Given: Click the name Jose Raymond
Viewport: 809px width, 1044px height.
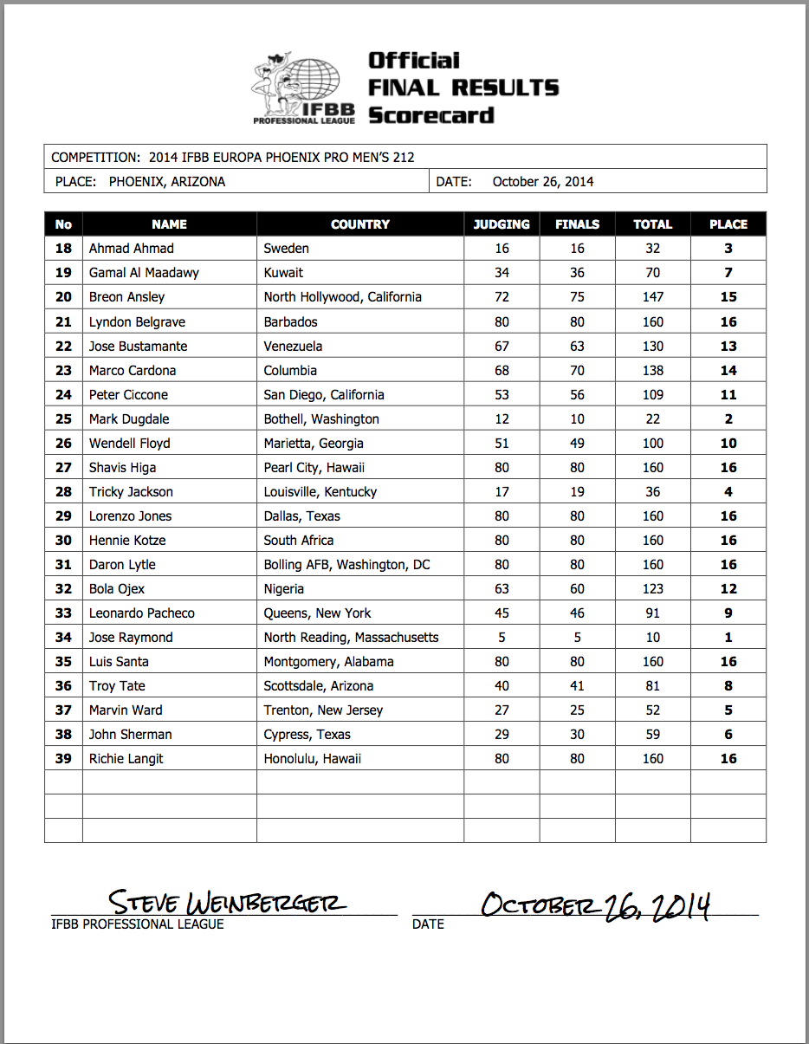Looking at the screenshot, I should tap(131, 637).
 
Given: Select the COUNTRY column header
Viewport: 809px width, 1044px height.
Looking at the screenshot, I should tap(360, 224).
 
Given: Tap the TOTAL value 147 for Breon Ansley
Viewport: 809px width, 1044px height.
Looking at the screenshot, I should tap(652, 297).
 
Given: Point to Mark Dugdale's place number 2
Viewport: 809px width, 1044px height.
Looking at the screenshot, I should tap(728, 418).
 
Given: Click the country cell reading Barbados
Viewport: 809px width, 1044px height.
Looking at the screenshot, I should tap(291, 321).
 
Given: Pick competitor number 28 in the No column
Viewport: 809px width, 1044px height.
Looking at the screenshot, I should tap(63, 491).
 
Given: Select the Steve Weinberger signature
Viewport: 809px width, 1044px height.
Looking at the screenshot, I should tap(227, 903).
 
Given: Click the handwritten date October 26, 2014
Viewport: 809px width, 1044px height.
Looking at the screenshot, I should tap(596, 905).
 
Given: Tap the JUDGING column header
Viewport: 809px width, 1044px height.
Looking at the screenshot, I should tap(502, 224).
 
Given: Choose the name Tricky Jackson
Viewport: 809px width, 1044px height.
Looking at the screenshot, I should tap(131, 491).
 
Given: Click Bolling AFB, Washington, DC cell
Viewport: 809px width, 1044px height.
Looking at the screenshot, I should tap(346, 564).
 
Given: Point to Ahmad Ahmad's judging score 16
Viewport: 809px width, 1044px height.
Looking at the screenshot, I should tap(502, 249).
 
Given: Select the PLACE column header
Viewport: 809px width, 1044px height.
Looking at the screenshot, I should tap(728, 224).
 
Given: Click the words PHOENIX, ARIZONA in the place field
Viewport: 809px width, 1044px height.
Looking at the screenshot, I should tap(167, 182).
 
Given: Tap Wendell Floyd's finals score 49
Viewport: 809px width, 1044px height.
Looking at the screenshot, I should tap(577, 443).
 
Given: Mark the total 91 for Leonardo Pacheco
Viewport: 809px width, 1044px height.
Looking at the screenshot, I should tap(652, 613).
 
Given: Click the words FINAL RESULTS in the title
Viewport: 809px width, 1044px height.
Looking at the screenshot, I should tap(463, 88).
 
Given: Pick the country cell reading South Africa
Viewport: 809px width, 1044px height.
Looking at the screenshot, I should tap(299, 540).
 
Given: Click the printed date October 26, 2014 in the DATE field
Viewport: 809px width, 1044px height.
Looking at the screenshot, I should tap(543, 182).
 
